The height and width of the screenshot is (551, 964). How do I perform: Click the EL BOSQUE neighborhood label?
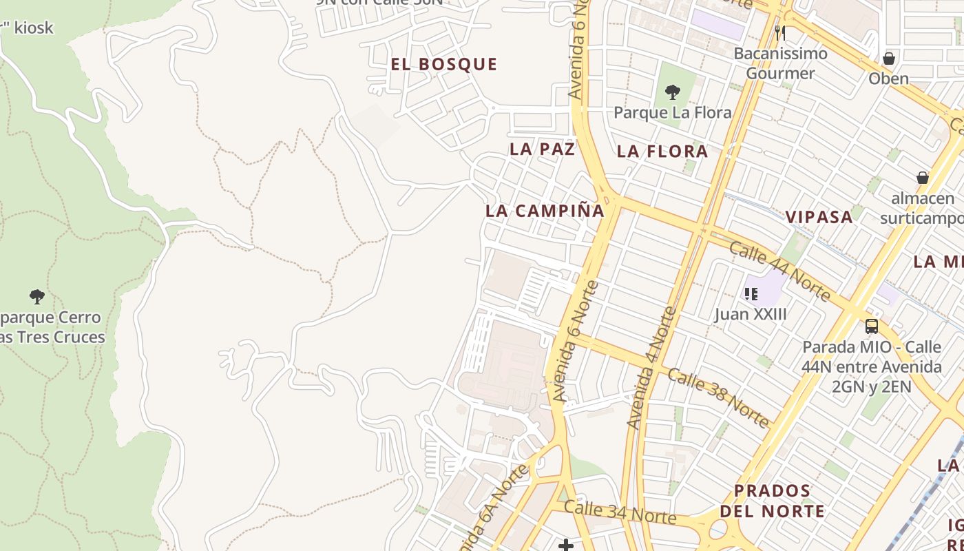[x=444, y=65]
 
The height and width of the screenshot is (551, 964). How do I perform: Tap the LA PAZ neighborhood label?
[x=542, y=149]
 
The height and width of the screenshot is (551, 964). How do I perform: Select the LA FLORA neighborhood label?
[x=662, y=152]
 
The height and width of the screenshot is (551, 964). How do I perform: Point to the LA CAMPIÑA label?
[x=545, y=211]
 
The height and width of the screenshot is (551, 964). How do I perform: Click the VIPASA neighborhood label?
[x=819, y=217]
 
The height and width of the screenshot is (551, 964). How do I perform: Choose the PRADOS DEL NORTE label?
[x=772, y=501]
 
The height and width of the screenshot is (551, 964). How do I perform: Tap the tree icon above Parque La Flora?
[x=673, y=92]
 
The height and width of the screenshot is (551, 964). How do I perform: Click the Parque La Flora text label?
[x=672, y=112]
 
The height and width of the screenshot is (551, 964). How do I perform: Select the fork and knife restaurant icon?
[x=780, y=32]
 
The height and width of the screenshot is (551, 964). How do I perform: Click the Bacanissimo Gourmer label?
[x=780, y=63]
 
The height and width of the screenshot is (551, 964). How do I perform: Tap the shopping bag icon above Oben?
[x=889, y=59]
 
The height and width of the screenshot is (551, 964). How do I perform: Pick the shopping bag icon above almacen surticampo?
[x=923, y=178]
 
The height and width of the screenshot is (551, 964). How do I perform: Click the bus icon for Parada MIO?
[x=872, y=326]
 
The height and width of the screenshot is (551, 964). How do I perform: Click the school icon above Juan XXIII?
[x=751, y=294]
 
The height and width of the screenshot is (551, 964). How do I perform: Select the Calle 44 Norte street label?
[x=779, y=271]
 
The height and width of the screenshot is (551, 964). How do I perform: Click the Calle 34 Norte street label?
[x=620, y=512]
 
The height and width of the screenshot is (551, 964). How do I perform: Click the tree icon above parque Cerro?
[x=37, y=297]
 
